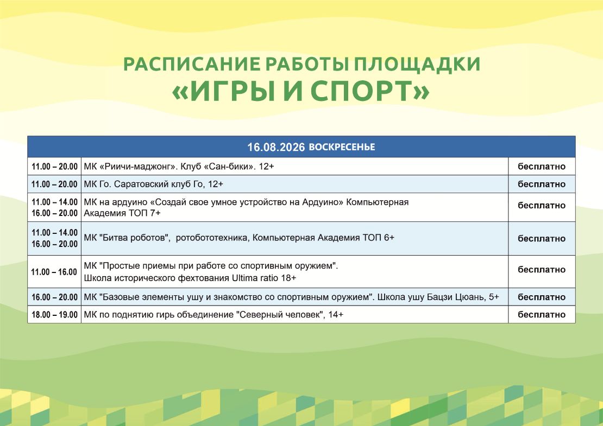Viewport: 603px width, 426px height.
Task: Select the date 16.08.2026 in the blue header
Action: tap(276, 147)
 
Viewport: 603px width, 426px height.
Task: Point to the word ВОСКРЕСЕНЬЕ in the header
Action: tap(342, 147)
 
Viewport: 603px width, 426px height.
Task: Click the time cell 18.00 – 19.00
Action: tap(55, 315)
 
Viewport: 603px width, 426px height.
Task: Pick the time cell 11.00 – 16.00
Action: tap(54, 272)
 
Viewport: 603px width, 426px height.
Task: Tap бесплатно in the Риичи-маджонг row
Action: tap(542, 167)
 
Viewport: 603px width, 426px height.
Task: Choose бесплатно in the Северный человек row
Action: tap(542, 315)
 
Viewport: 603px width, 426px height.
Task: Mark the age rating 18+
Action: tap(288, 278)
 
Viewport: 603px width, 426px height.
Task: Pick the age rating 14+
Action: tap(335, 315)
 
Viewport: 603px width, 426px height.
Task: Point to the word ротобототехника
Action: tap(212, 238)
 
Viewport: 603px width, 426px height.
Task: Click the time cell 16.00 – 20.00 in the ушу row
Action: tap(55, 297)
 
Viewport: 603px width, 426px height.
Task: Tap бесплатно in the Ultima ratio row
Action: tap(542, 270)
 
